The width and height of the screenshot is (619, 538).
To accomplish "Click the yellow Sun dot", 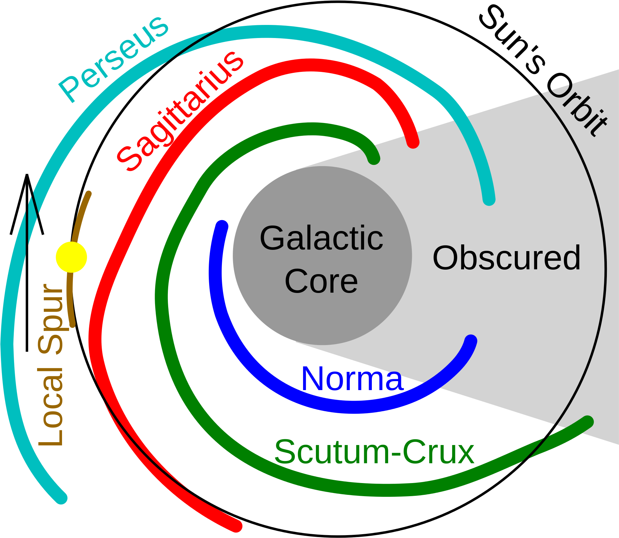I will tap(71, 257).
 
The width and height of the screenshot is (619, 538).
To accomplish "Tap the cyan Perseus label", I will tap(114, 59).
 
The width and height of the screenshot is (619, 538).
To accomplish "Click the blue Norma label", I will tap(352, 379).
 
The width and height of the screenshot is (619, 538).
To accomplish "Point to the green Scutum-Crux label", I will tap(374, 452).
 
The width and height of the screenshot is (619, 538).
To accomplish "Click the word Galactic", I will tap(321, 238).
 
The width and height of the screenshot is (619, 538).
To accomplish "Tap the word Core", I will tap(321, 281).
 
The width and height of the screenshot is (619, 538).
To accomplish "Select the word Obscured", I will tap(506, 258).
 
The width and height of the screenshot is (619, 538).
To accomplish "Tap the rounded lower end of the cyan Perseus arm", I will tap(61, 497).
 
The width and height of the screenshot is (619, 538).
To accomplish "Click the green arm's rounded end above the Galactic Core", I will tap(373, 158).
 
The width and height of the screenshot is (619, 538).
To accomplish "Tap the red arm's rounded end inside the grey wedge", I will tap(413, 142).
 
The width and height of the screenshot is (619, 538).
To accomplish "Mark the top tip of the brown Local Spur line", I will tap(89, 193).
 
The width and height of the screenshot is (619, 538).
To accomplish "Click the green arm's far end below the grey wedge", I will tap(587, 422).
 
